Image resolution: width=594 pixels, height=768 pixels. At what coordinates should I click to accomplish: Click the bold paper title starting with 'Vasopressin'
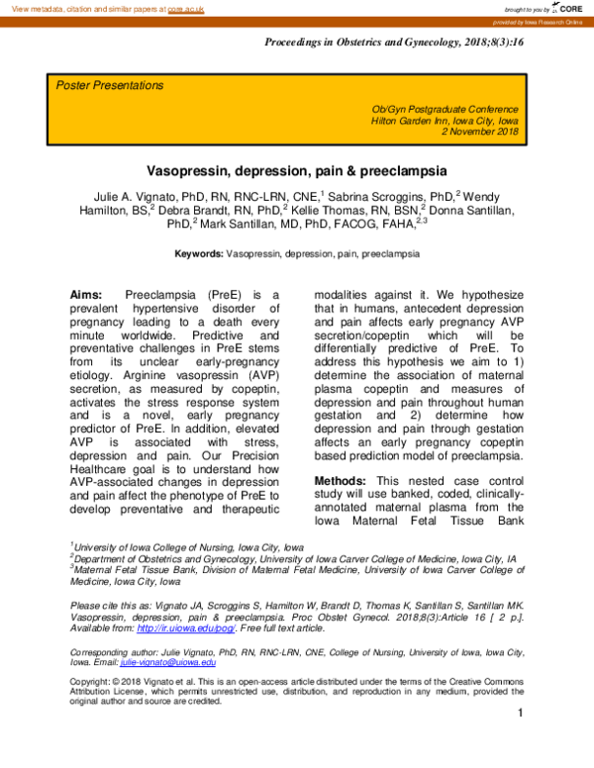[297, 169]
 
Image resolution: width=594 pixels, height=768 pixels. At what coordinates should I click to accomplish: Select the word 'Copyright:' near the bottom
[93, 682]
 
